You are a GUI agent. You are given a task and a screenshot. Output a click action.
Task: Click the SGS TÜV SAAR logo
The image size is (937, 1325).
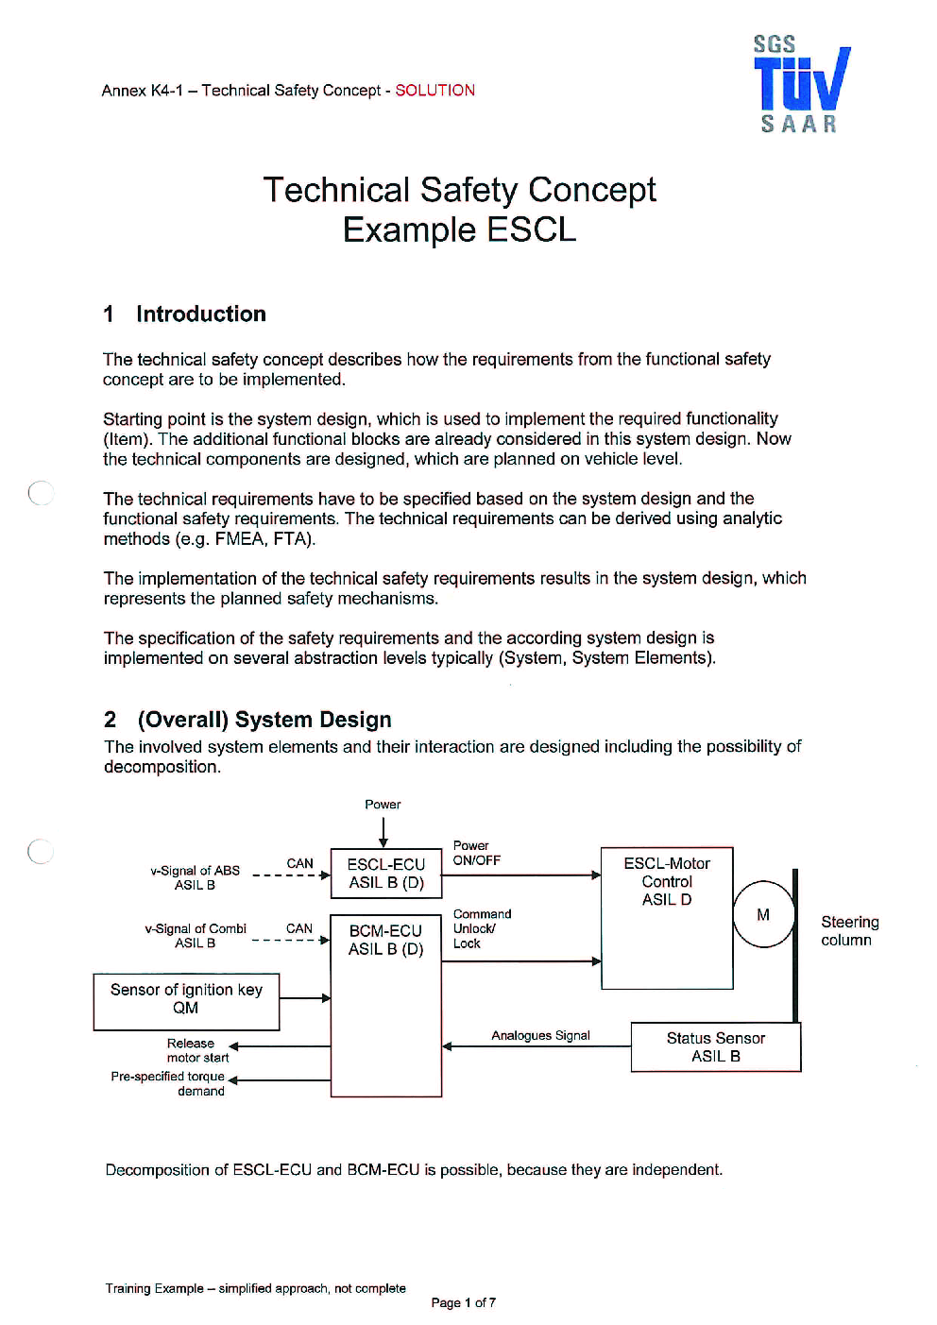point(802,84)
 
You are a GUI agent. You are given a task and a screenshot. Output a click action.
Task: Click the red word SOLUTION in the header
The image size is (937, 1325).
point(434,91)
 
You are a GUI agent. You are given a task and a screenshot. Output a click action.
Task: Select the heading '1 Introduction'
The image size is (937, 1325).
point(184,314)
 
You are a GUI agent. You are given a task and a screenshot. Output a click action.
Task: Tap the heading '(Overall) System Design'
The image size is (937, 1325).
point(264,720)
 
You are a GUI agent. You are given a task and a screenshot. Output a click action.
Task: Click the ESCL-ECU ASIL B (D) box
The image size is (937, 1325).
point(386,873)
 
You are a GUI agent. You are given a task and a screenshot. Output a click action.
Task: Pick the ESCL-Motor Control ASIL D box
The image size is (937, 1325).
point(667,918)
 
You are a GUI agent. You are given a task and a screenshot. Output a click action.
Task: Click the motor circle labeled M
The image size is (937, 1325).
point(763,914)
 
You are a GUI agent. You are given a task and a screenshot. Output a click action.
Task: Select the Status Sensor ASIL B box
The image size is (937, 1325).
point(716,1047)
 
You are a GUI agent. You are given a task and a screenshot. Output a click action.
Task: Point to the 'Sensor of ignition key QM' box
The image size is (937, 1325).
point(186,1002)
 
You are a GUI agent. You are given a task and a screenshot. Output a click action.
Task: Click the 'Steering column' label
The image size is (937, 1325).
point(849,931)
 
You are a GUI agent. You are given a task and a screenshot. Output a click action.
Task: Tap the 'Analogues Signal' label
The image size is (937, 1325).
point(540,1035)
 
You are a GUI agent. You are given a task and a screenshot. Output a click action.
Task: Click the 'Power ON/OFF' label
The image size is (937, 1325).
point(477,853)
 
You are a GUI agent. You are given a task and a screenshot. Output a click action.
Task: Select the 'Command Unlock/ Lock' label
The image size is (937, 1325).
point(482,928)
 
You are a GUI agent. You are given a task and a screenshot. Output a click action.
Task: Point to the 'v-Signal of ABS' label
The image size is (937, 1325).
point(195,871)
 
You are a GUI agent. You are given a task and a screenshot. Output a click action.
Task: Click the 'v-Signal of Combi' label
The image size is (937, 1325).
point(196,928)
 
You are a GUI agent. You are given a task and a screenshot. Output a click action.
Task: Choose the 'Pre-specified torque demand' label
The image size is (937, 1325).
point(168,1083)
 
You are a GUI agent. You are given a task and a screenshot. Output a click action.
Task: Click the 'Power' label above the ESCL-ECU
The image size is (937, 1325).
point(383,805)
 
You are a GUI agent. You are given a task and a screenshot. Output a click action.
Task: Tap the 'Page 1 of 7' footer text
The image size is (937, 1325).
point(464,1302)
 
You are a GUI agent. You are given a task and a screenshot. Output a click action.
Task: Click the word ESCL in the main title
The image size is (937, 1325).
point(531,229)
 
